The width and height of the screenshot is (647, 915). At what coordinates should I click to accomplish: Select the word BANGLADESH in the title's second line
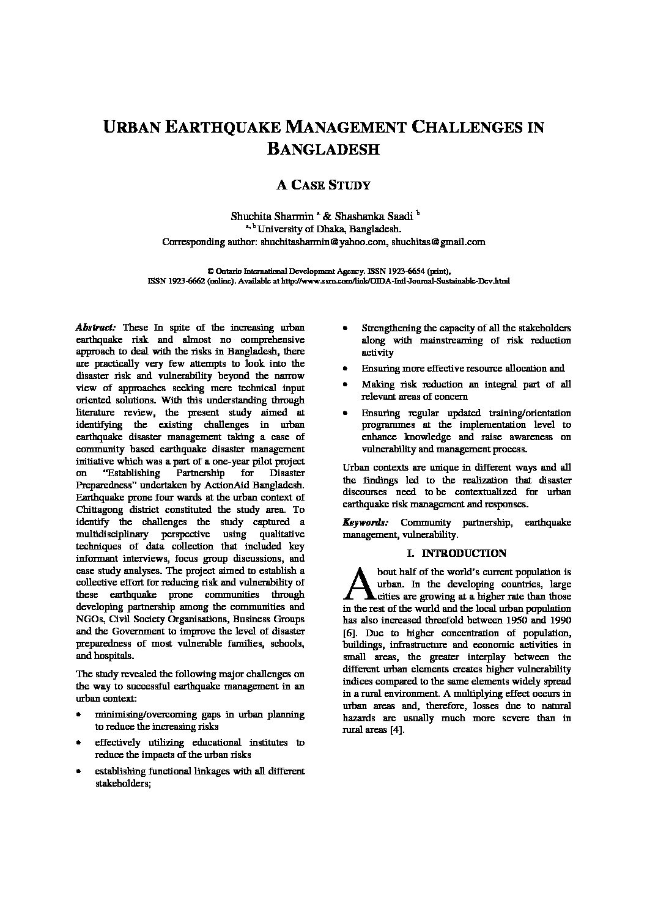323,149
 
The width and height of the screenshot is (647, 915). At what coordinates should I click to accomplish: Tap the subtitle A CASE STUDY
323,185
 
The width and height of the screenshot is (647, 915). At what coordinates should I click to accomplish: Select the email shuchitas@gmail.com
438,241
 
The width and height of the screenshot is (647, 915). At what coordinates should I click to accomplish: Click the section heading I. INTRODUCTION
457,553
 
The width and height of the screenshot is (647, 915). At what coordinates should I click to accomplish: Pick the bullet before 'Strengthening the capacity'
346,328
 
